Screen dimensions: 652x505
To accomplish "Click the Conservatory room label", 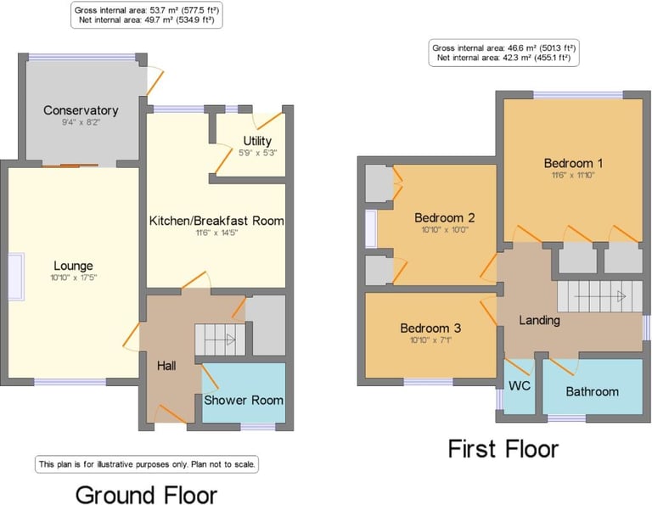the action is coord(81,110).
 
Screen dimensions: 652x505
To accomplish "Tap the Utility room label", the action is coord(257,141).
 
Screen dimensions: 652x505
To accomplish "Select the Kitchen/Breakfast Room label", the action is coord(216,221).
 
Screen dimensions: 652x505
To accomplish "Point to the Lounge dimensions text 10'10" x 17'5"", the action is coord(73,278).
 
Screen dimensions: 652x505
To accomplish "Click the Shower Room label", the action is coord(244,401).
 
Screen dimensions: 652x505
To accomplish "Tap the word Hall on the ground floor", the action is coord(166,366).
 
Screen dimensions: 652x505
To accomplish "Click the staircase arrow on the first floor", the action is coord(600,296).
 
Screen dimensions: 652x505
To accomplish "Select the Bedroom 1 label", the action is coord(573,163).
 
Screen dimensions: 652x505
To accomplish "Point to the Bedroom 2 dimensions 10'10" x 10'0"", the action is coord(445,230).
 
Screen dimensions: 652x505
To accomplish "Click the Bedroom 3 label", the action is coord(430,328).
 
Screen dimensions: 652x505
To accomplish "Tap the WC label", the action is coord(520,385).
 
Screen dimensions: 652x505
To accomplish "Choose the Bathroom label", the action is coord(592,391).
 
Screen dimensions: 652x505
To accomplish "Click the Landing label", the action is coord(539,321).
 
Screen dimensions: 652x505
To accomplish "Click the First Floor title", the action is coord(503,449).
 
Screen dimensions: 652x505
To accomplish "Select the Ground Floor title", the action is coord(146,495).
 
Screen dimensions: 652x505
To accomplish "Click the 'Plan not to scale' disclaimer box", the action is coord(146,464).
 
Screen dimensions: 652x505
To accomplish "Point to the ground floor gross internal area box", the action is coord(146,15).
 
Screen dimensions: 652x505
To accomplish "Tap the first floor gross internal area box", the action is coord(503,53).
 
